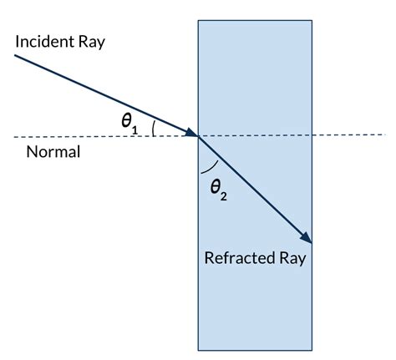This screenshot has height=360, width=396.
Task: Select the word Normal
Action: tap(53, 153)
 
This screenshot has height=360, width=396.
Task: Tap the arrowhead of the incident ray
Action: tap(191, 132)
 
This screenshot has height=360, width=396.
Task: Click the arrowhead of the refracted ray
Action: tap(307, 239)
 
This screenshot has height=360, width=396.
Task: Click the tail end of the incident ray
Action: tap(15, 55)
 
